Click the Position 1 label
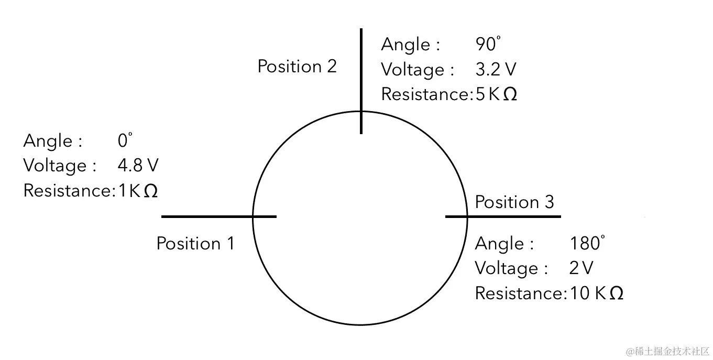coord(195,244)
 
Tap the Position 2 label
coord(297,67)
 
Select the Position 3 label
coord(514,202)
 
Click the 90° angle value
coord(488,45)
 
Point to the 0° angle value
coord(125,141)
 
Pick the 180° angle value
coord(587,243)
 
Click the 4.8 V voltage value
coord(138,166)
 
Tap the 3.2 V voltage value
coord(496,70)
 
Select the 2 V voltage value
coord(581,268)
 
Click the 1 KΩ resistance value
coord(138,191)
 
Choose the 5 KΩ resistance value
coord(496,94)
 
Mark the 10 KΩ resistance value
coord(596,293)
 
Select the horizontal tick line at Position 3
coord(503,216)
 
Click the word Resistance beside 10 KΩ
coord(519,293)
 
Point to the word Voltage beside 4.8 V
coord(55,166)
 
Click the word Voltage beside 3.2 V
coord(413,70)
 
